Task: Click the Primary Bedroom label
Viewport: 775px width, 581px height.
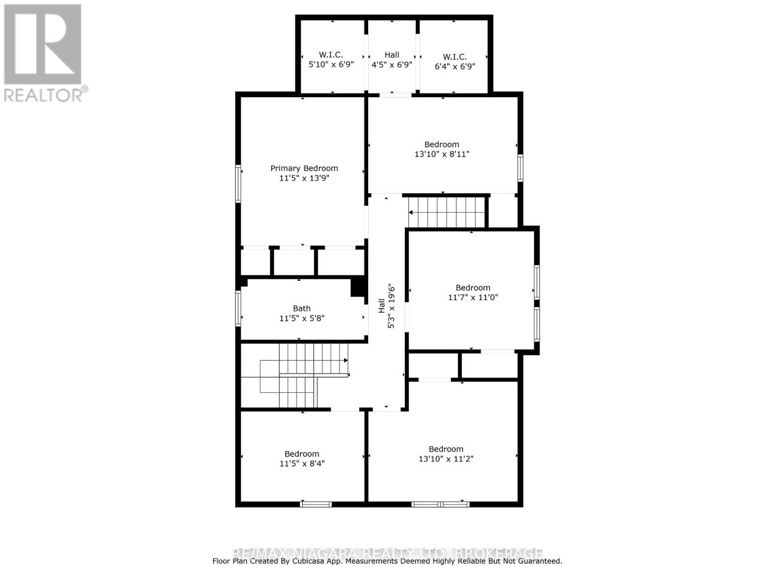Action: (304, 168)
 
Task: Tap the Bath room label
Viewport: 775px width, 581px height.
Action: (302, 308)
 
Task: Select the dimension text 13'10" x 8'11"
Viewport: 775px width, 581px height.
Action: (442, 154)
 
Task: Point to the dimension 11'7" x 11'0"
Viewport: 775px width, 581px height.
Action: (473, 297)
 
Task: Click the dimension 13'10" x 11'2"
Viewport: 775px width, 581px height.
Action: (446, 459)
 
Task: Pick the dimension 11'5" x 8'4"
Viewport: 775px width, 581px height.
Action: (302, 463)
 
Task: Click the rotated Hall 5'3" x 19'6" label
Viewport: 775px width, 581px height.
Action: (386, 306)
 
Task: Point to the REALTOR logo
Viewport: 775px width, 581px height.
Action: (44, 53)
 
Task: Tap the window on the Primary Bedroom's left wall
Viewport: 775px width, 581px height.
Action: (238, 183)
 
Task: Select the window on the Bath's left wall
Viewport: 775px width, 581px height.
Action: (238, 308)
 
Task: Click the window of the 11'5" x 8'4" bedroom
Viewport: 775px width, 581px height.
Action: (316, 504)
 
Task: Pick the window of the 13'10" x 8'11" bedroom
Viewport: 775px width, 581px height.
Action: (520, 168)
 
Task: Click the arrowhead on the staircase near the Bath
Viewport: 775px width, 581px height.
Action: (346, 360)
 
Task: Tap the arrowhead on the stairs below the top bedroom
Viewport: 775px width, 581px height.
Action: (411, 212)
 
